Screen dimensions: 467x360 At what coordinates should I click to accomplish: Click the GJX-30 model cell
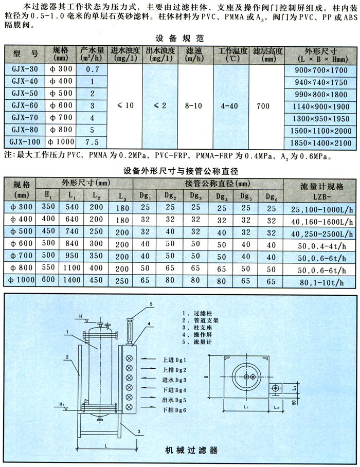coord(25,68)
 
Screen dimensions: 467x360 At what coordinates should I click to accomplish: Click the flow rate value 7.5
coord(93,142)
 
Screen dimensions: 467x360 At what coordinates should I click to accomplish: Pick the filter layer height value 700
coord(263,105)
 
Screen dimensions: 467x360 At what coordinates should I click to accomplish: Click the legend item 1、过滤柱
coord(196,312)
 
